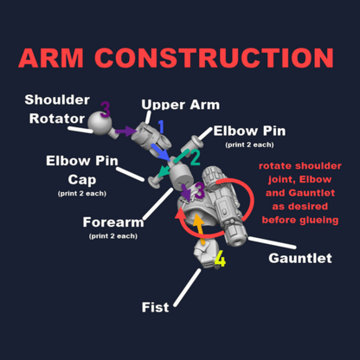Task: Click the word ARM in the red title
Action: (x=51, y=58)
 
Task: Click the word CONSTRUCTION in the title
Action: (x=215, y=58)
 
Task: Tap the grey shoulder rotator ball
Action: (x=100, y=124)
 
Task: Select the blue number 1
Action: (x=161, y=126)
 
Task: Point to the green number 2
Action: (x=195, y=157)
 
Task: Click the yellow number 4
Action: (x=220, y=259)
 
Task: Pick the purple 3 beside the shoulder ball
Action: (x=106, y=110)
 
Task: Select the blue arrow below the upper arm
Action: (x=161, y=152)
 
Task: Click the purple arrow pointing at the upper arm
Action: (x=125, y=132)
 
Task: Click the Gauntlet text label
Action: (x=300, y=258)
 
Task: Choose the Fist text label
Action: (x=155, y=307)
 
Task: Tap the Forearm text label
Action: (x=113, y=222)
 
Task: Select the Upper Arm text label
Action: (x=181, y=105)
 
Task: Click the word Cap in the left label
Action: (x=82, y=180)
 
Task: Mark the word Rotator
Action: (x=57, y=119)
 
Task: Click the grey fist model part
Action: (x=205, y=254)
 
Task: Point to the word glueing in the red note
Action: (x=319, y=221)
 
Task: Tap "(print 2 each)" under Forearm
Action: (x=113, y=236)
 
